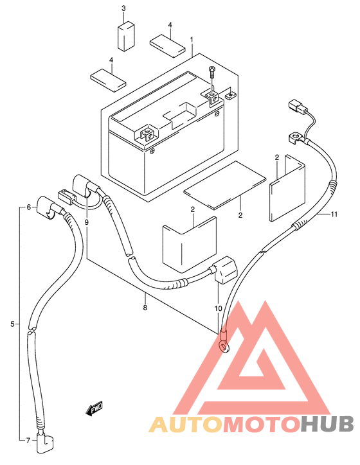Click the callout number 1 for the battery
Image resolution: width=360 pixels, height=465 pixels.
pyautogui.click(x=192, y=39)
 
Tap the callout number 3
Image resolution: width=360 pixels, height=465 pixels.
pyautogui.click(x=123, y=8)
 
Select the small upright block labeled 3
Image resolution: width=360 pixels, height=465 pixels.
pyautogui.click(x=126, y=36)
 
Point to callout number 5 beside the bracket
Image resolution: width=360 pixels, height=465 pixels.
pyautogui.click(x=12, y=324)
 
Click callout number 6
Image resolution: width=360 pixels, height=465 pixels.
pyautogui.click(x=29, y=207)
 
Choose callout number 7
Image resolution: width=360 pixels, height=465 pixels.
pyautogui.click(x=28, y=441)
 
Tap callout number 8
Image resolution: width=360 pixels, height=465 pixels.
pyautogui.click(x=145, y=308)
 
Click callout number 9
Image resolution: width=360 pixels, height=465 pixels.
pyautogui.click(x=86, y=222)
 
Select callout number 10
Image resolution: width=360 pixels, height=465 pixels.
pyautogui.click(x=218, y=308)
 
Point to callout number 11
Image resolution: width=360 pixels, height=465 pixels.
pyautogui.click(x=334, y=214)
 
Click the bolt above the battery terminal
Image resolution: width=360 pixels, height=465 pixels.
pyautogui.click(x=212, y=71)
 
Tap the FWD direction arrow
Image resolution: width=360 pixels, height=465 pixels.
pyautogui.click(x=94, y=409)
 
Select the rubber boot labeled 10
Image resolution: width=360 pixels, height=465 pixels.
pyautogui.click(x=224, y=270)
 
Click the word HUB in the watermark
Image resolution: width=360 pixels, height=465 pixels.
pyautogui.click(x=327, y=424)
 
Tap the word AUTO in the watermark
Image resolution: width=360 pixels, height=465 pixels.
pyautogui.click(x=186, y=424)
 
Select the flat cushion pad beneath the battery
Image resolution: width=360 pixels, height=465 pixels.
pyautogui.click(x=224, y=185)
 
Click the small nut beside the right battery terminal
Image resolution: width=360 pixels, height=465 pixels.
pyautogui.click(x=230, y=95)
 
